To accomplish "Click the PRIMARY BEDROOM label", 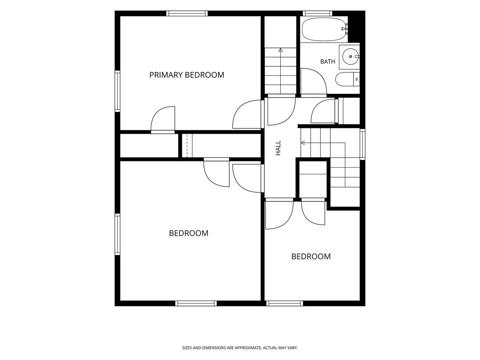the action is pyautogui.click(x=186, y=75).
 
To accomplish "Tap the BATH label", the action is pyautogui.click(x=328, y=62).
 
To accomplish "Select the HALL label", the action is pyautogui.click(x=278, y=148).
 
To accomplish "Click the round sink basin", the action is pyautogui.click(x=350, y=56).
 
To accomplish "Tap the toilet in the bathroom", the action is pyautogui.click(x=347, y=79).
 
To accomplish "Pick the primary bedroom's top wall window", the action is pyautogui.click(x=187, y=13).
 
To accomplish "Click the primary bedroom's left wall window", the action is pyautogui.click(x=118, y=91).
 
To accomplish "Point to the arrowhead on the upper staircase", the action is pyautogui.click(x=280, y=50).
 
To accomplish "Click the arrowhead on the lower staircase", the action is pyautogui.click(x=303, y=143).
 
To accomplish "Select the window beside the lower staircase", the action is pyautogui.click(x=362, y=144).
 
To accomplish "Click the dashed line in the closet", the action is pyautogui.click(x=187, y=145).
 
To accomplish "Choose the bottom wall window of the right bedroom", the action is pyautogui.click(x=284, y=303).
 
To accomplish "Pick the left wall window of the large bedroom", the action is pyautogui.click(x=118, y=234).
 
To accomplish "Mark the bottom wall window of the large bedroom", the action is pyautogui.click(x=196, y=303).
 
